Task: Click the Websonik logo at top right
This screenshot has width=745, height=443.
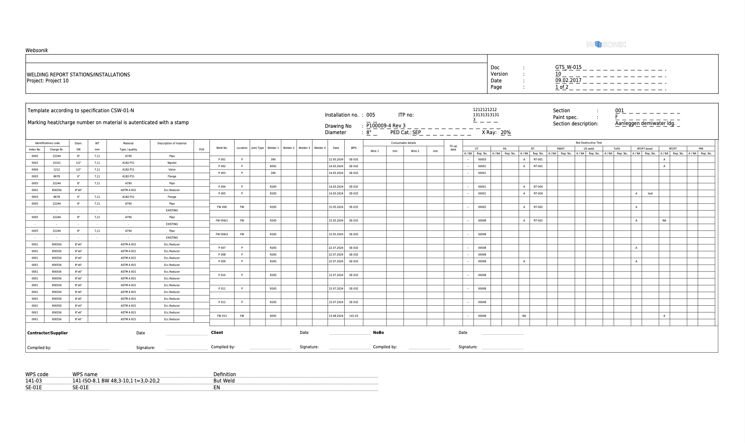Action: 606,45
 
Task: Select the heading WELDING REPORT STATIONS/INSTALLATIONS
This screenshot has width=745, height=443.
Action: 78,74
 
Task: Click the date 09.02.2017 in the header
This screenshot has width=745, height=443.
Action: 568,80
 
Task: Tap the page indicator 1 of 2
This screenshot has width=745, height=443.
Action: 562,87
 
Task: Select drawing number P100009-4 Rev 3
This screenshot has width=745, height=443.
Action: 386,126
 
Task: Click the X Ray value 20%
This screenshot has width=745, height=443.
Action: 506,133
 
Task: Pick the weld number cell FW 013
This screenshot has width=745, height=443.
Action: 222,316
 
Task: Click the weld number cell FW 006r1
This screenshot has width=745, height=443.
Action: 222,221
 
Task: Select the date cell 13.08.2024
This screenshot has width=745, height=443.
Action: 336,316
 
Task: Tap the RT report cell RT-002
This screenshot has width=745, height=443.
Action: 538,207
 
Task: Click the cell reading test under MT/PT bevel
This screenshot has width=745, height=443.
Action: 650,193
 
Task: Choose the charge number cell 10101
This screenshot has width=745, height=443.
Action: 57,163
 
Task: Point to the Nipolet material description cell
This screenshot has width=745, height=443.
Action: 172,163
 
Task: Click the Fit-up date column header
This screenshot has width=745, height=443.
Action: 453,148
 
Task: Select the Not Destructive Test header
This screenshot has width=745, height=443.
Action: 588,142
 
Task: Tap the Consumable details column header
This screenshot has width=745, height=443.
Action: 403,143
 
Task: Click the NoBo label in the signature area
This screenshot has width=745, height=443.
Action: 378,333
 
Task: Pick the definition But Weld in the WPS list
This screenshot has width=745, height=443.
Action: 224,381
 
